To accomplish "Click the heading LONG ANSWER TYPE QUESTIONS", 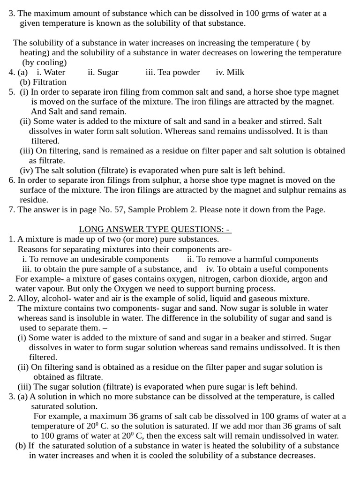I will [x=155, y=229].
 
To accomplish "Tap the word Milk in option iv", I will [x=236, y=72].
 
